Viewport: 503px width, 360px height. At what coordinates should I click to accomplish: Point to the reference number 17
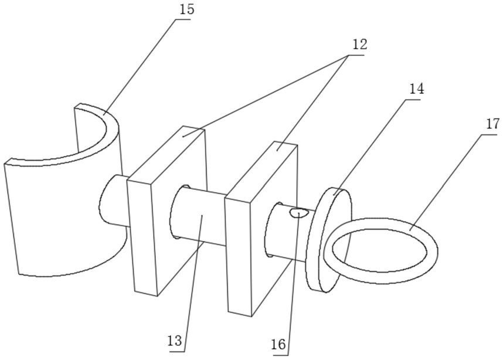492,124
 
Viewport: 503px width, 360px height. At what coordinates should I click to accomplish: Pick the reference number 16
280,345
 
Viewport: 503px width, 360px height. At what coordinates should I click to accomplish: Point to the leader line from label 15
141,64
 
